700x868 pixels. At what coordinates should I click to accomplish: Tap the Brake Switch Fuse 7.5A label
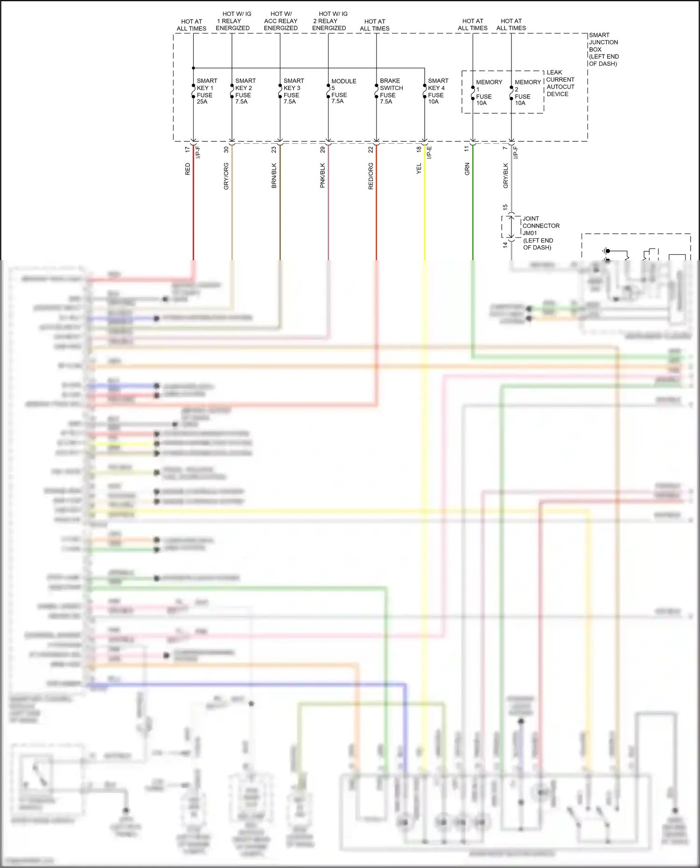click(x=391, y=91)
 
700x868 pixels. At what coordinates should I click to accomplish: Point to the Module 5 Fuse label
click(x=343, y=91)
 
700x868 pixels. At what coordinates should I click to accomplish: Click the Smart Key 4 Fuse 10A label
click(x=438, y=91)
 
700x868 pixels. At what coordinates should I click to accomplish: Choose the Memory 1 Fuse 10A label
click(x=488, y=92)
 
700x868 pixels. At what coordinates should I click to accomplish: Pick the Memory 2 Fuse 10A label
click(x=527, y=92)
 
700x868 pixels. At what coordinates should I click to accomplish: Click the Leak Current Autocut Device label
click(x=560, y=83)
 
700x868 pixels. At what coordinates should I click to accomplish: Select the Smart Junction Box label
click(x=603, y=49)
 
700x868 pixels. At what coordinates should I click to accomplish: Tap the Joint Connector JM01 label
click(x=540, y=233)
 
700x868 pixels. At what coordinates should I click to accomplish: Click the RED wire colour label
click(x=188, y=169)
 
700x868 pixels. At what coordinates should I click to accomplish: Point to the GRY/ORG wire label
click(x=226, y=176)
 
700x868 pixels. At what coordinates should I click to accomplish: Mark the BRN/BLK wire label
click(x=274, y=175)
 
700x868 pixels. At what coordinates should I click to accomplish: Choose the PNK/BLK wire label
click(x=322, y=175)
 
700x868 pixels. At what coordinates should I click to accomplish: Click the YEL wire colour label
click(x=419, y=169)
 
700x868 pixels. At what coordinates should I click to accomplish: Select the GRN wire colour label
click(x=467, y=169)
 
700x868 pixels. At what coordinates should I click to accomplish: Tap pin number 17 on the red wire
click(x=188, y=149)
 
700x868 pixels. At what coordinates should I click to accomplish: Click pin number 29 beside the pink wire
click(x=322, y=149)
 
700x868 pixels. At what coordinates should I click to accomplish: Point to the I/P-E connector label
click(x=430, y=152)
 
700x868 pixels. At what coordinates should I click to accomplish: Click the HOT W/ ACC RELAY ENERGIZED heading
click(x=280, y=21)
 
